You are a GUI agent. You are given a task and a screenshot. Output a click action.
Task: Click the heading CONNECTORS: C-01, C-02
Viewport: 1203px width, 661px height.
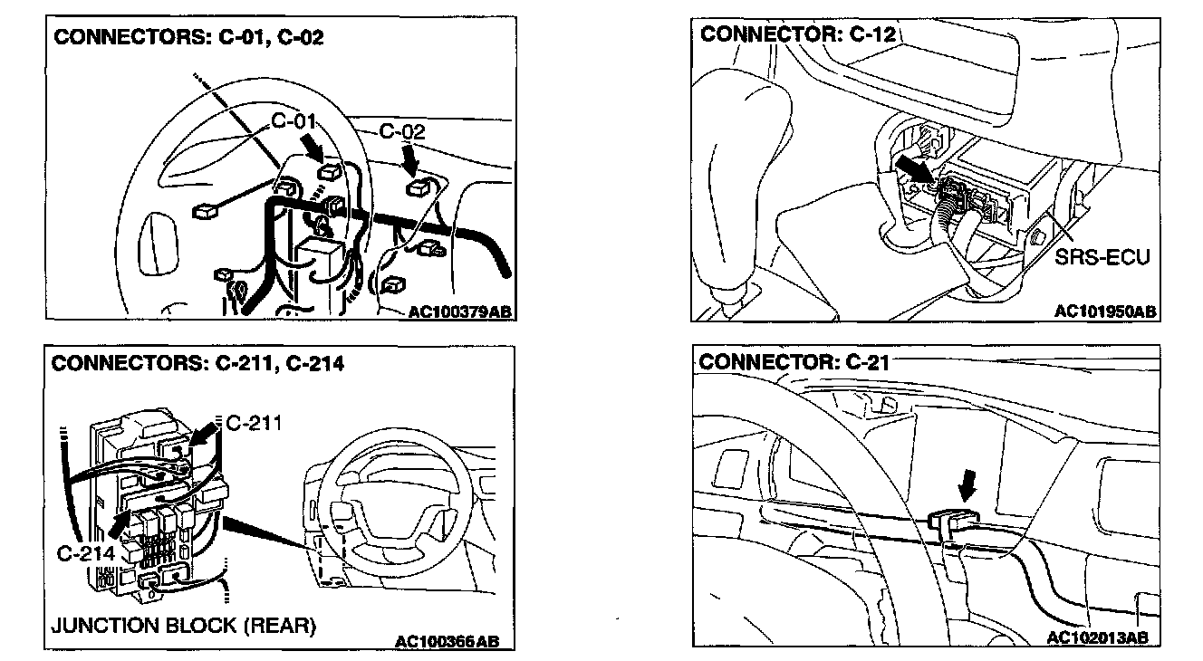click(x=188, y=38)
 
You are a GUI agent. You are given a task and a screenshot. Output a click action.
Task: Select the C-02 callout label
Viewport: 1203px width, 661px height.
click(x=401, y=133)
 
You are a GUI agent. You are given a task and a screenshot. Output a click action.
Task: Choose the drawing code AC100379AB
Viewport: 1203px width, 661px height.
click(x=459, y=311)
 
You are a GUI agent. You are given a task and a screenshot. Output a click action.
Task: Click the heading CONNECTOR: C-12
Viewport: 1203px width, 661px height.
click(x=797, y=35)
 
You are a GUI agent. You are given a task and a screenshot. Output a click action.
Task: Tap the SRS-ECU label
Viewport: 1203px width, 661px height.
click(x=1102, y=258)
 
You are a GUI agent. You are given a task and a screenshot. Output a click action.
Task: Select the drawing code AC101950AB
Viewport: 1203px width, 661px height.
click(x=1104, y=311)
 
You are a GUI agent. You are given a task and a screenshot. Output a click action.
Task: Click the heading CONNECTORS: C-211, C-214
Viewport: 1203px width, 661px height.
click(x=197, y=364)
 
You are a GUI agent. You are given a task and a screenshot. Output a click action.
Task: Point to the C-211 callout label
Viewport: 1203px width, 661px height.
click(x=254, y=423)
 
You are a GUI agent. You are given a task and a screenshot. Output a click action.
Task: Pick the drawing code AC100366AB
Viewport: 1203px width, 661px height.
click(x=447, y=641)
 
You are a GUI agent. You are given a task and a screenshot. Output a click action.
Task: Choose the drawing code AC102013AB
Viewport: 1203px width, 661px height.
click(x=1097, y=637)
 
